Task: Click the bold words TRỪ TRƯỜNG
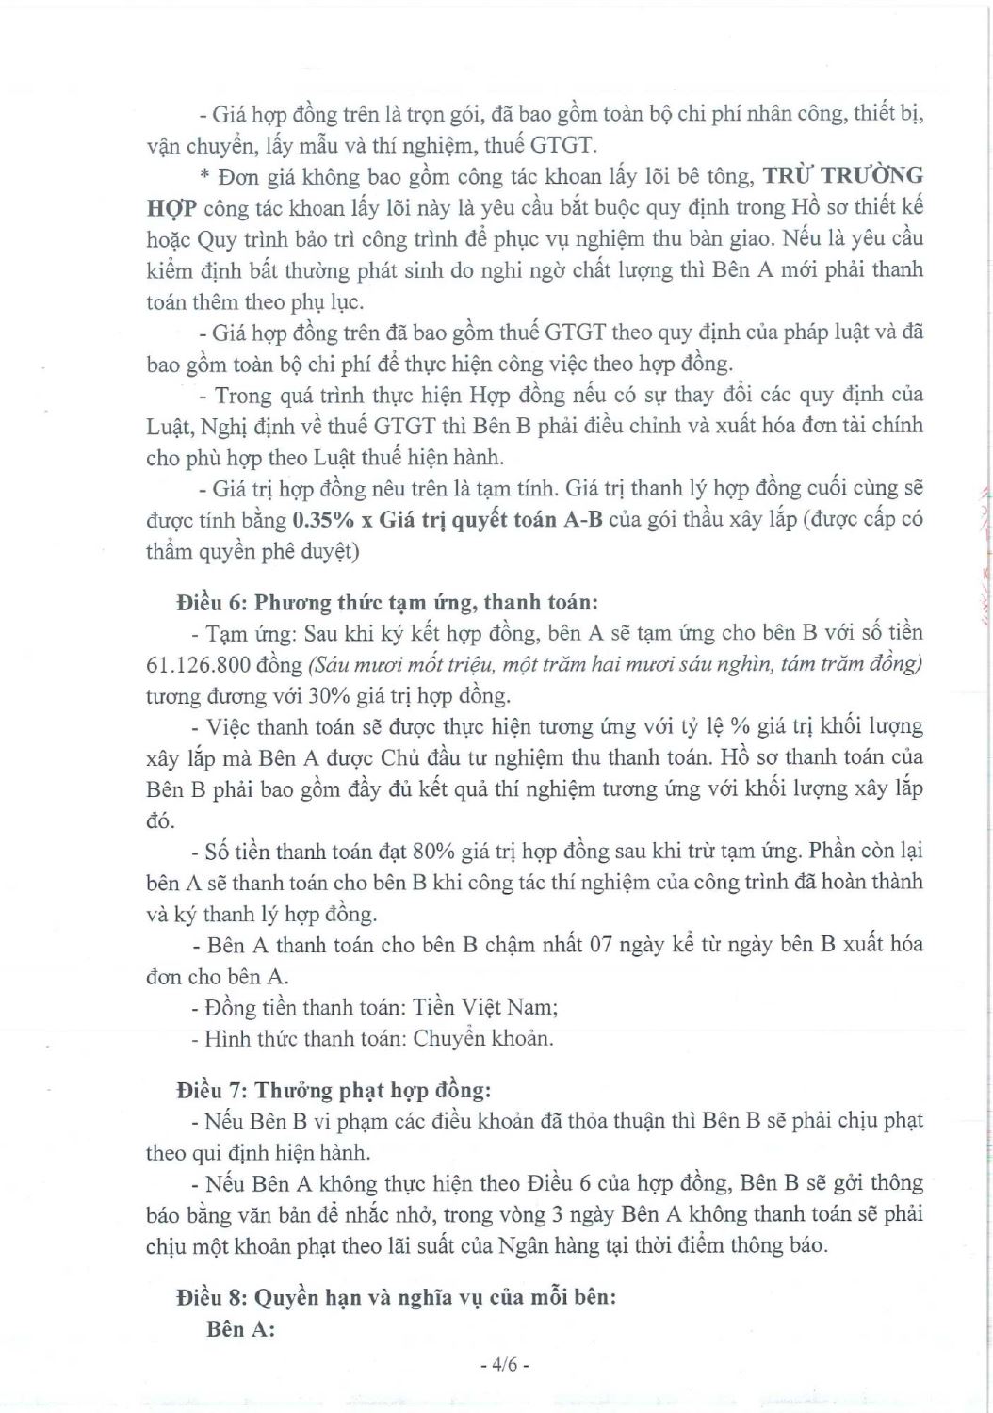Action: [842, 176]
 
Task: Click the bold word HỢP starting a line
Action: [171, 208]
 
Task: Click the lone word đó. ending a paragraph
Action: [160, 820]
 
